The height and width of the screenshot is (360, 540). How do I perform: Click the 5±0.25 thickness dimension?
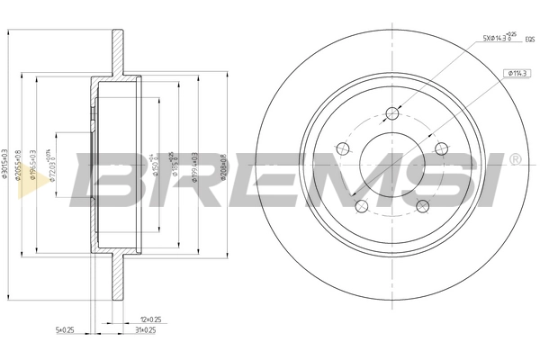65,330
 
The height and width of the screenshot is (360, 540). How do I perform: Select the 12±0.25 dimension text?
150,319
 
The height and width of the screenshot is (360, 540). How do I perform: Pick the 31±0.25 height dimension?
145,330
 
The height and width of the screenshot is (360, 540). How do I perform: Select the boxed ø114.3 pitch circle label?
517,73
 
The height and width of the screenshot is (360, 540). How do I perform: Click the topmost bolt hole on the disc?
391,113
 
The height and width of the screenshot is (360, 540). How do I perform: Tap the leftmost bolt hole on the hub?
342,148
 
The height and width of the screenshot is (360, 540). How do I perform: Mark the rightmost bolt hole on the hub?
440,148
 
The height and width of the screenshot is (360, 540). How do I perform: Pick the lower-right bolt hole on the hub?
421,206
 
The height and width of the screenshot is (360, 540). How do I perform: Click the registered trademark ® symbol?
515,159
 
